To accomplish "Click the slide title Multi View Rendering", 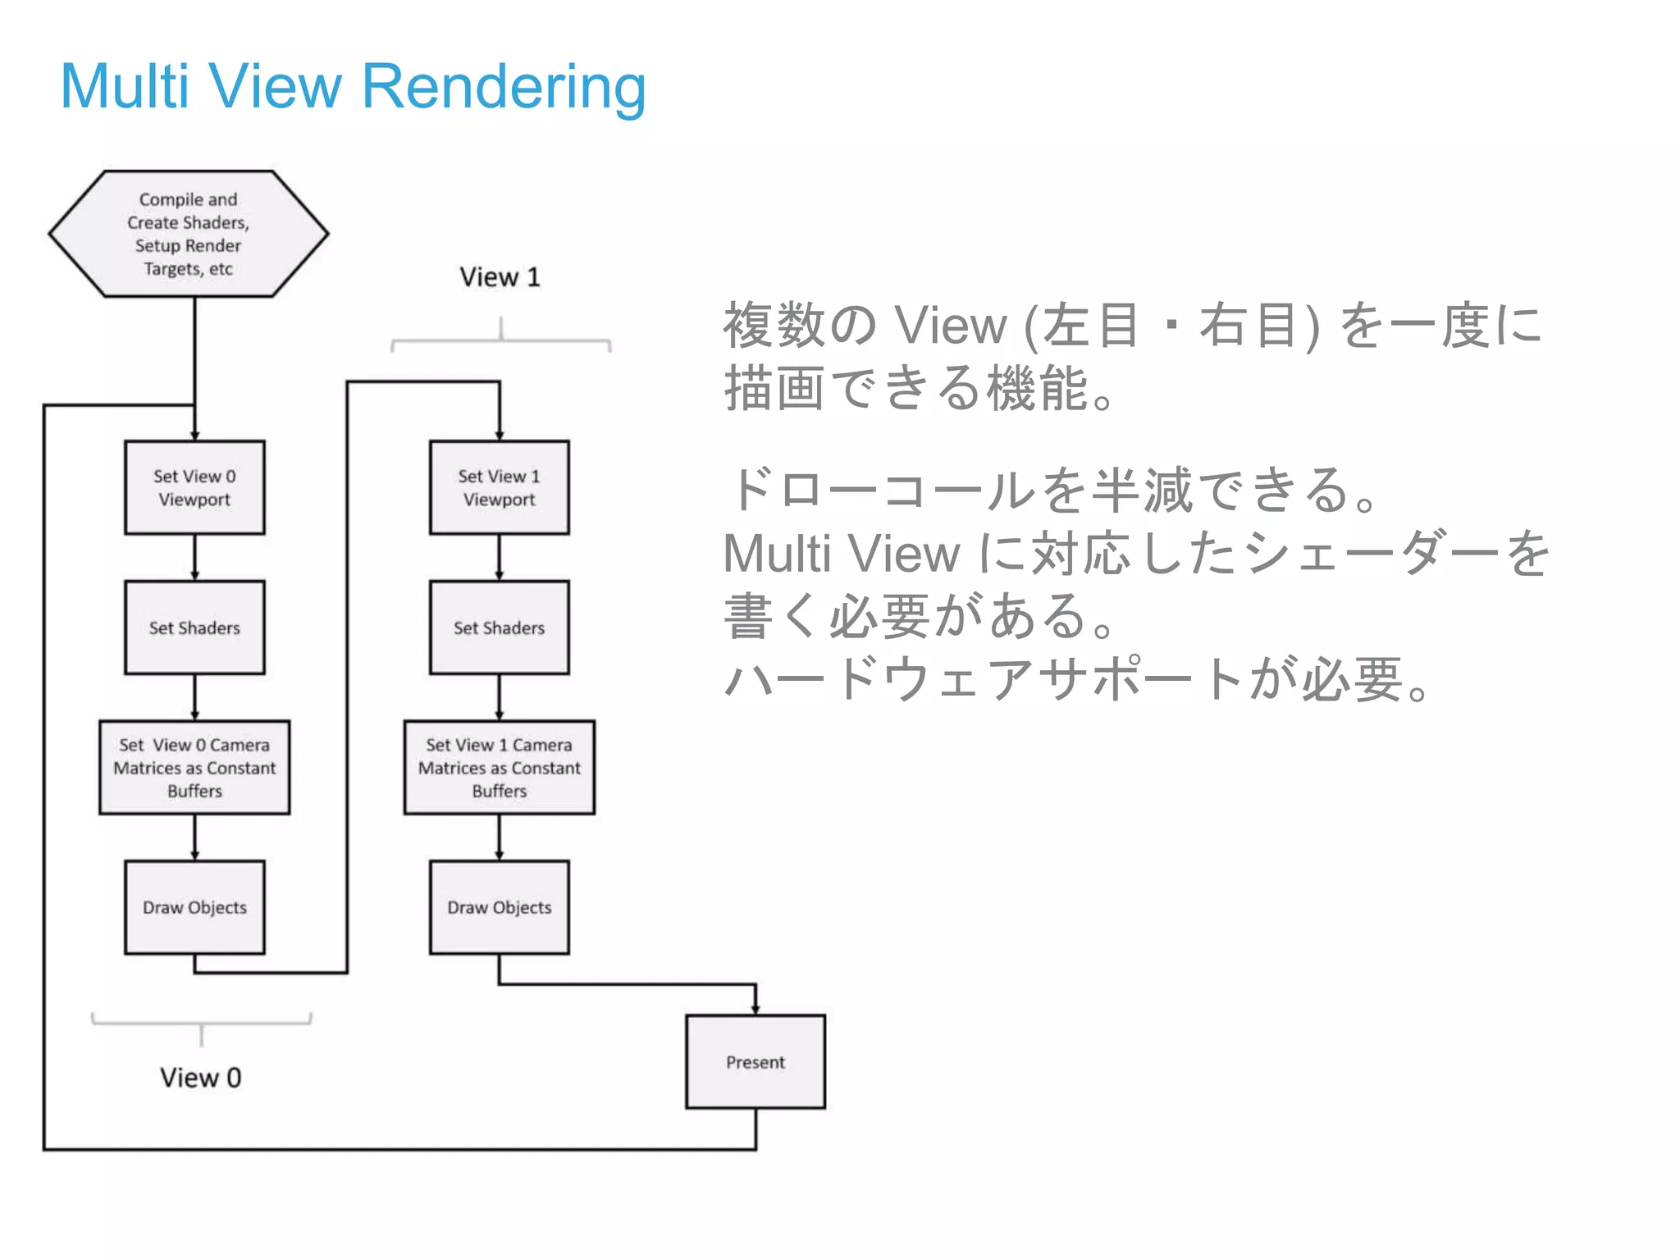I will pyautogui.click(x=353, y=86).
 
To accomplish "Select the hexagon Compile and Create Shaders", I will pyautogui.click(x=189, y=234).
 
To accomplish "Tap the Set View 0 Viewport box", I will pyautogui.click(x=194, y=487).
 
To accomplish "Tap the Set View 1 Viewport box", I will pyautogui.click(x=499, y=487).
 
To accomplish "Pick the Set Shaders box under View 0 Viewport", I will pyautogui.click(x=194, y=628).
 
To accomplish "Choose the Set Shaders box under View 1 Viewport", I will pyautogui.click(x=499, y=628).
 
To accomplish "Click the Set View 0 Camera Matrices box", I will pyautogui.click(x=194, y=767).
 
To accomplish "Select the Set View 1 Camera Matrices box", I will pyautogui.click(x=499, y=767).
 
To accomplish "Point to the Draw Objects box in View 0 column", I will pyautogui.click(x=194, y=907).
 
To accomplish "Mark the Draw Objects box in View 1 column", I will pyautogui.click(x=499, y=907).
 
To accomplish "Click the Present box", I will pyautogui.click(x=755, y=1061).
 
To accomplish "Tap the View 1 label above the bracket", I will pyautogui.click(x=500, y=277).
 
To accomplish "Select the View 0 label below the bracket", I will pyautogui.click(x=200, y=1077).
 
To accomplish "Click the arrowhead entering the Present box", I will pyautogui.click(x=756, y=1009).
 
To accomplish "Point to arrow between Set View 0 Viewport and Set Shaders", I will pyautogui.click(x=194, y=558).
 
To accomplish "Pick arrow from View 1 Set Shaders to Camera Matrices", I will pyautogui.click(x=499, y=697).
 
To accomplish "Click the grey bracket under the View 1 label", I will pyautogui.click(x=500, y=340).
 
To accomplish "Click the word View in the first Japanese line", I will pyautogui.click(x=949, y=326).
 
